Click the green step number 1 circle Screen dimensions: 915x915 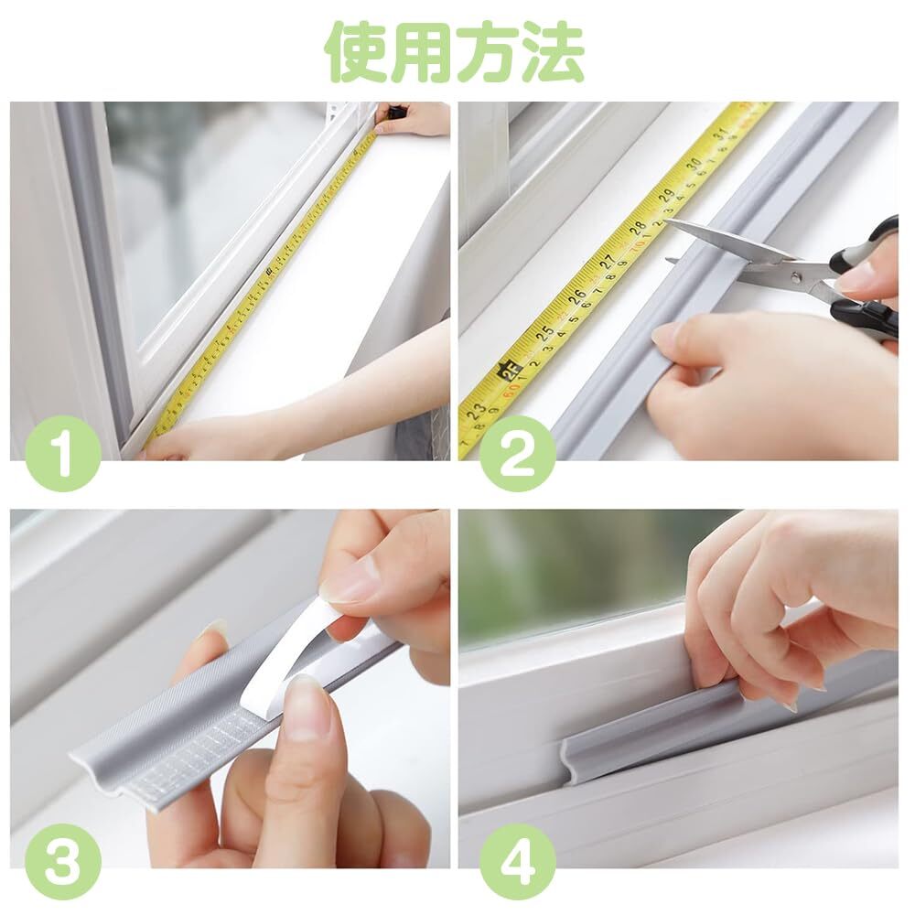pyautogui.click(x=62, y=453)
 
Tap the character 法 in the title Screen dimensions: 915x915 pyautogui.click(x=552, y=52)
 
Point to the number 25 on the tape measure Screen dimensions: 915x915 pyautogui.click(x=545, y=333)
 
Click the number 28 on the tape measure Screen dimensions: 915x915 pyautogui.click(x=637, y=226)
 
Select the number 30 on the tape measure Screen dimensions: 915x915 pyautogui.click(x=694, y=164)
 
